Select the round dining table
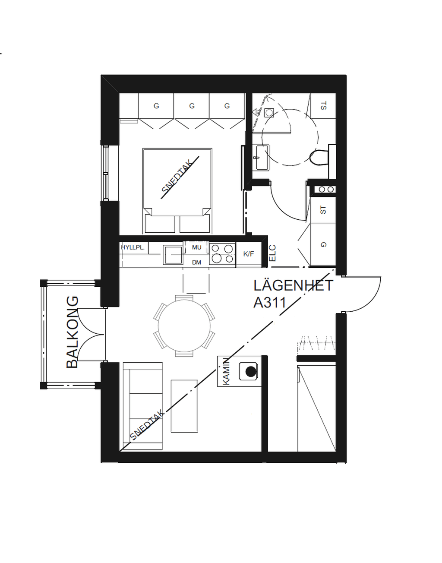[184, 326]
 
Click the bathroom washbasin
[262, 158]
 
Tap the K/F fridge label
[249, 254]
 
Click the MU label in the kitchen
[196, 247]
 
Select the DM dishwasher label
[196, 263]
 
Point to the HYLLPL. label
[133, 247]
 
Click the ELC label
[273, 253]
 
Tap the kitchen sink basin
[173, 255]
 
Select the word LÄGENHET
[293, 285]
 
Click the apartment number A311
[269, 302]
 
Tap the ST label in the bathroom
[323, 106]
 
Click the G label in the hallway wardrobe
[323, 244]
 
